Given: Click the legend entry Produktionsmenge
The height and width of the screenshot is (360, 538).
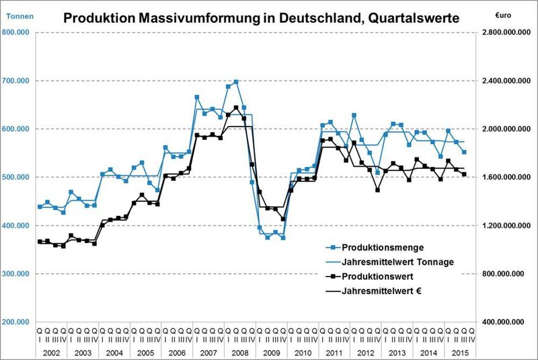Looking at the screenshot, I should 379,247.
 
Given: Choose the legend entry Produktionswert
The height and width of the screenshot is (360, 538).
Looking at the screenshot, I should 377,276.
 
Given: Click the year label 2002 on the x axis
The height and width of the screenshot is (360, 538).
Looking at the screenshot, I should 51,352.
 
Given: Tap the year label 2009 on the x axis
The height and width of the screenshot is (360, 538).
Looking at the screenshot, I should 271,352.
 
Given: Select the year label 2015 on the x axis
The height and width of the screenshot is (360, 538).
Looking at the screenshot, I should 460,352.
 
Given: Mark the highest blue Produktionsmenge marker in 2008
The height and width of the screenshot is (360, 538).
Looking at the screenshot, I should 236,82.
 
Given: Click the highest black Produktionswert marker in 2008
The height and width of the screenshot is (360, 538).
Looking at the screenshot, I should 236,108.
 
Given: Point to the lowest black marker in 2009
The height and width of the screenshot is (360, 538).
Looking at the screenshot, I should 283,219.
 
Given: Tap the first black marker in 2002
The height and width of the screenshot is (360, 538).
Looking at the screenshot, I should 40,242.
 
